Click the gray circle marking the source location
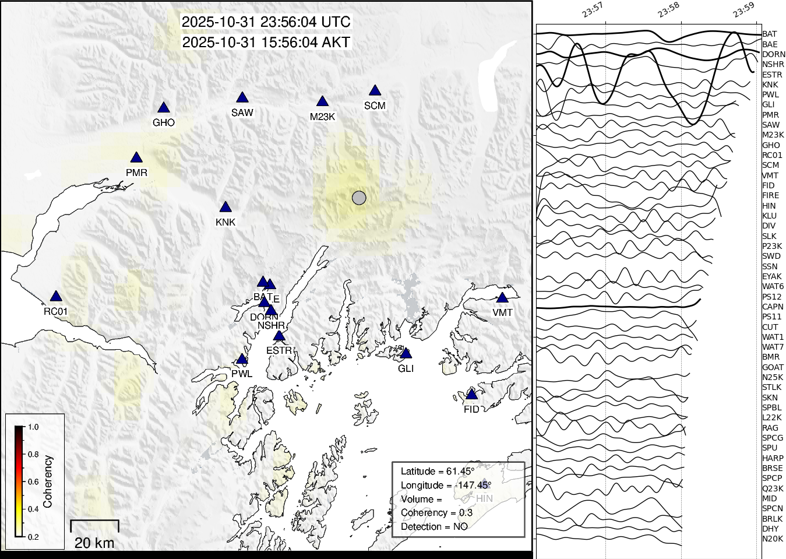(359, 198)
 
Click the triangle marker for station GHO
(163, 108)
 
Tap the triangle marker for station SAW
(242, 98)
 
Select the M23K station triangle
(322, 102)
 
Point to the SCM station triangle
(375, 91)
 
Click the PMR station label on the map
(136, 173)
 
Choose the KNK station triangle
(225, 208)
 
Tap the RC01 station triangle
(55, 297)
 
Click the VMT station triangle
(502, 298)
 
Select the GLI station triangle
(406, 354)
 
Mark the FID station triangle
(471, 395)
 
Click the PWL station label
(242, 374)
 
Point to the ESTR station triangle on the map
(279, 336)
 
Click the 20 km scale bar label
(94, 543)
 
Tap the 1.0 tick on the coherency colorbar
(33, 427)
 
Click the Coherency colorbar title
(48, 481)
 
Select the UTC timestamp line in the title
(266, 22)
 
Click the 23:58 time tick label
(668, 9)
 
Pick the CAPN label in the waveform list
(773, 307)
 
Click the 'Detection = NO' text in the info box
(434, 526)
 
